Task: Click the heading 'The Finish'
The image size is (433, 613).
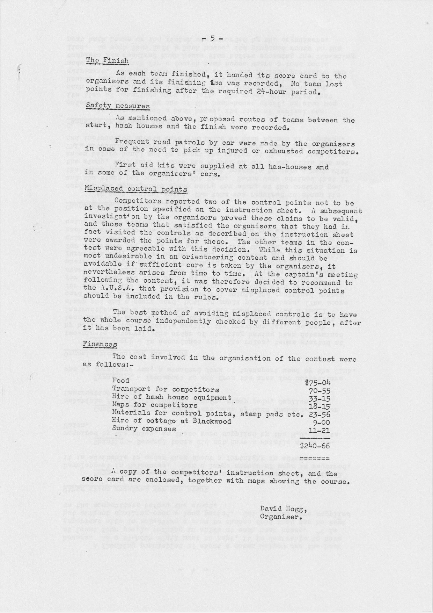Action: (108, 61)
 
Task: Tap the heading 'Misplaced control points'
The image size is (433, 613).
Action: (136, 189)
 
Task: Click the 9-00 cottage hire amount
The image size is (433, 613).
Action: (322, 422)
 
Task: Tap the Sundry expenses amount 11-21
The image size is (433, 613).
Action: (320, 430)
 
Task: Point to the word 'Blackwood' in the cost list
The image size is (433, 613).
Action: (212, 421)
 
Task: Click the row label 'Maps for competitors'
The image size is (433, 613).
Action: (155, 405)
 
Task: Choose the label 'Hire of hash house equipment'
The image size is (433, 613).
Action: (171, 397)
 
